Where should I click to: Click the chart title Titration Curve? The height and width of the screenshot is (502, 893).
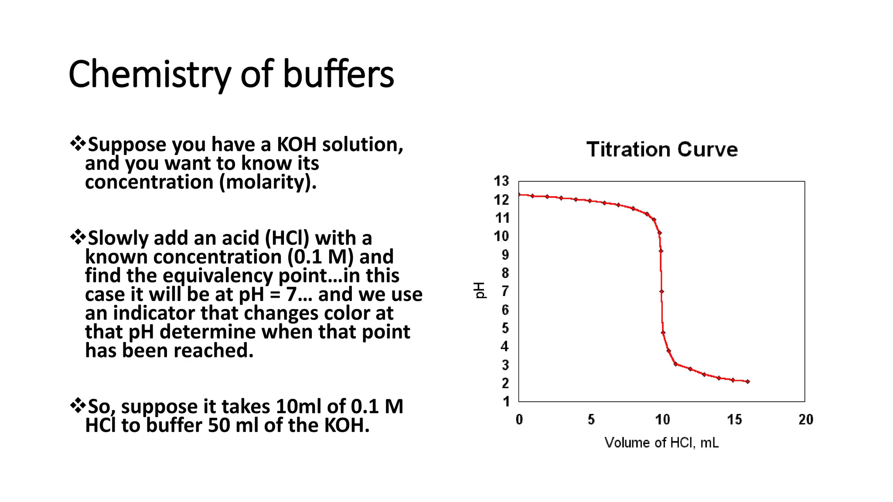coord(661,149)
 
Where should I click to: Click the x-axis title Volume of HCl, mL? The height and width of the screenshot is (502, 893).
coord(661,443)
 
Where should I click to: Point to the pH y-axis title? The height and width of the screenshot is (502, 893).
coord(479,290)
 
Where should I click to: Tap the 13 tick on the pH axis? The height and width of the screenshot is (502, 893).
coord(501,181)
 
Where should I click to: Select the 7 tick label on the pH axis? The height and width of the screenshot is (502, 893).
coord(505,291)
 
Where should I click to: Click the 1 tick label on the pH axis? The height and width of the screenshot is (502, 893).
coord(506,401)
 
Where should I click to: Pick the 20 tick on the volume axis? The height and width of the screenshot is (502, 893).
coord(805,420)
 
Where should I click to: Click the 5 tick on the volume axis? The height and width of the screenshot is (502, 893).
coord(591,420)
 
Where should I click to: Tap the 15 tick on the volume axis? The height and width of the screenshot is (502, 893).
coord(734,420)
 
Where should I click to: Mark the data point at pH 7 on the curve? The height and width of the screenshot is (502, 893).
coord(661,292)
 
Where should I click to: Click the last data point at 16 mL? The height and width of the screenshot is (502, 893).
coord(747,381)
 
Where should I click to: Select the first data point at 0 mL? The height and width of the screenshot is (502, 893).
coord(519,194)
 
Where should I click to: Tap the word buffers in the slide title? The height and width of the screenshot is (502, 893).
coord(338,74)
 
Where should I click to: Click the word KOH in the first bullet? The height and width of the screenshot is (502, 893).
coord(297,145)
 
